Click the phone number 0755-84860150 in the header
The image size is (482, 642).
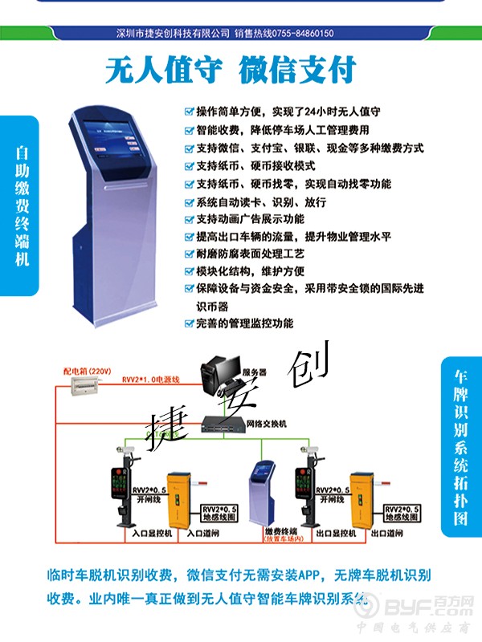coord(296,34)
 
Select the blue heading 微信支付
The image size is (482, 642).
coord(297,71)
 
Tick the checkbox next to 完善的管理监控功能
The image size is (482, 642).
coord(189,324)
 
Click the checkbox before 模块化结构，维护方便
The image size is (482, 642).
coord(189,271)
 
